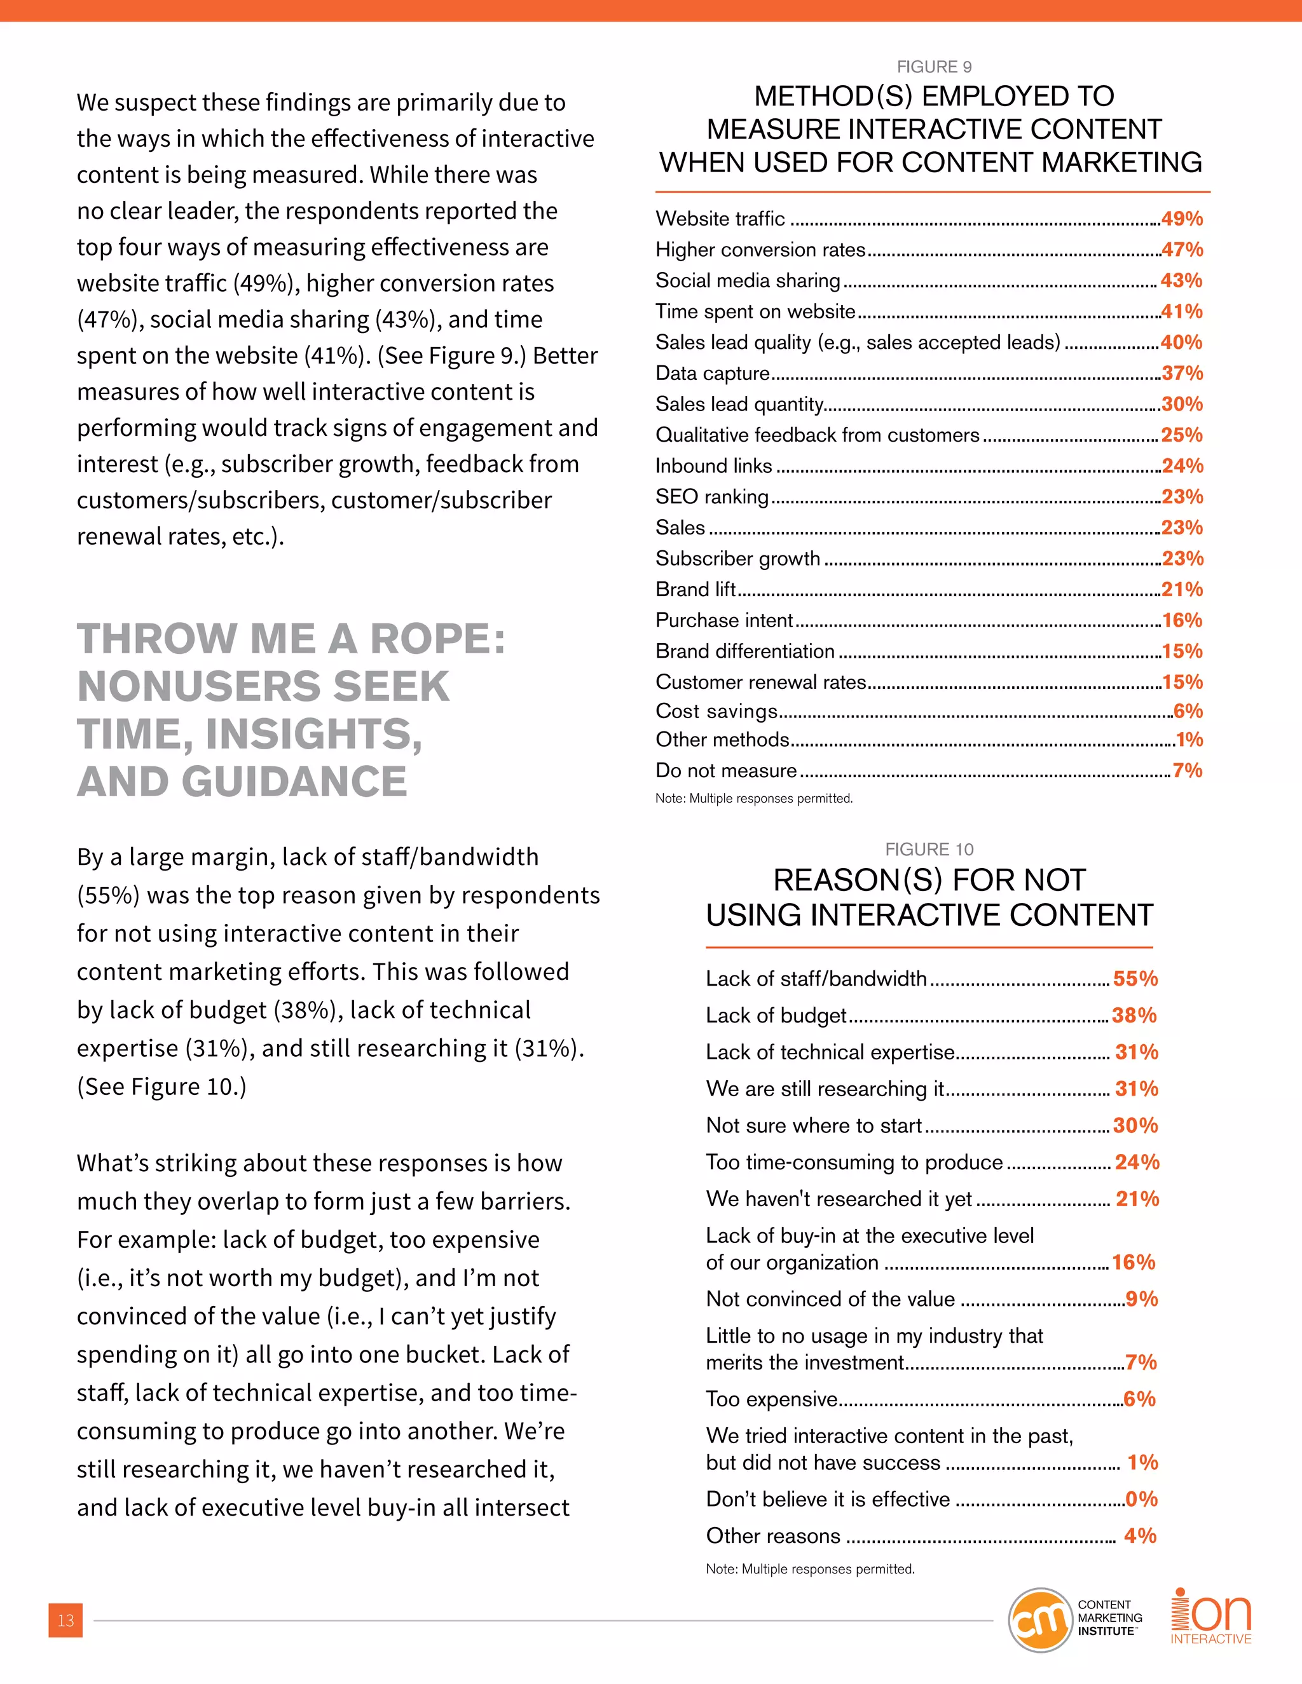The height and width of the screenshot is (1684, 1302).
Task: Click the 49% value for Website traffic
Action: click(x=1181, y=219)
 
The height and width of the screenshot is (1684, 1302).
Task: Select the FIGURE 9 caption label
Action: click(x=933, y=67)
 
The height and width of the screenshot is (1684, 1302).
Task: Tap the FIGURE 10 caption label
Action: click(x=929, y=850)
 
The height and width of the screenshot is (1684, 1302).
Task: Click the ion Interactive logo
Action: click(x=1211, y=1617)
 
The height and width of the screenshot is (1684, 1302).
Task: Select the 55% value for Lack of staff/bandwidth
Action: click(x=1135, y=979)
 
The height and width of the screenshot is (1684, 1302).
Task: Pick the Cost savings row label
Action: click(x=716, y=712)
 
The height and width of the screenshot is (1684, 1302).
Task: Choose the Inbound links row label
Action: click(x=713, y=466)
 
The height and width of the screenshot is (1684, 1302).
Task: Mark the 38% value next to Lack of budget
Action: click(x=1134, y=1015)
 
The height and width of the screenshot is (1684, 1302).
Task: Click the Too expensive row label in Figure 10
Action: click(x=771, y=1399)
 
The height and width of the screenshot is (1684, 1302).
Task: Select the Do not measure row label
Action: click(x=726, y=771)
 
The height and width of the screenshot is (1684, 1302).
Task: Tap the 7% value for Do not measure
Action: click(x=1187, y=771)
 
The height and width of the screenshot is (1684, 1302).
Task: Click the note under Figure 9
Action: click(x=753, y=799)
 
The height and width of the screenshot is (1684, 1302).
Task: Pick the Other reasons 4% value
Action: click(x=1139, y=1536)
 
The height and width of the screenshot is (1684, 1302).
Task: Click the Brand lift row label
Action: click(x=695, y=590)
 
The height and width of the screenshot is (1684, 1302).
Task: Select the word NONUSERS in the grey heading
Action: click(x=263, y=687)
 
